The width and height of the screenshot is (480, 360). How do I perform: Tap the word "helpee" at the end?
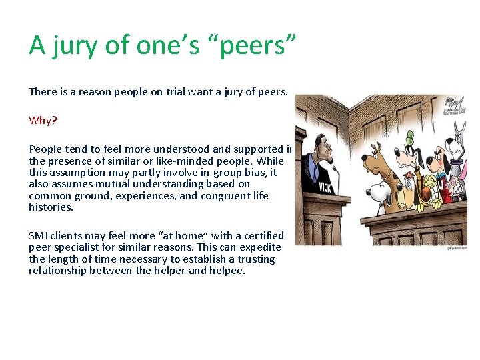coord(229,271)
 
